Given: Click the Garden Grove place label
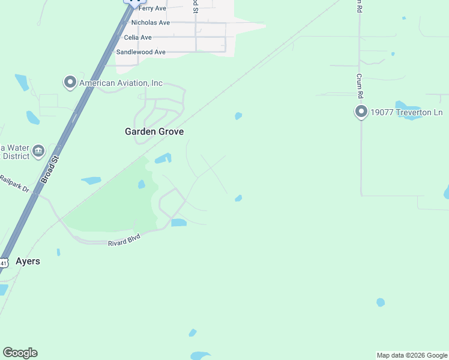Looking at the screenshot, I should (154, 131).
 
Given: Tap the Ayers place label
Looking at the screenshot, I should (28, 261).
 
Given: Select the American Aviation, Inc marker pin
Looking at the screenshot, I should (70, 82).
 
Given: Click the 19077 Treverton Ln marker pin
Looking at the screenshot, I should (361, 112).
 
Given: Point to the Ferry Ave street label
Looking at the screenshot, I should (152, 8).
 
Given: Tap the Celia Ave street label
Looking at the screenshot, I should (137, 37).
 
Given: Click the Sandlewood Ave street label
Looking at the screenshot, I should (140, 52).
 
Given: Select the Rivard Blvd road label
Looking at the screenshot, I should (124, 242).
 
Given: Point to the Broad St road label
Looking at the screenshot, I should (49, 170).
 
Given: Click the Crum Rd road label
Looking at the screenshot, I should (360, 86).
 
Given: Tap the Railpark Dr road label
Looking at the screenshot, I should (14, 183).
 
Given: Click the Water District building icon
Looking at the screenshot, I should (38, 151).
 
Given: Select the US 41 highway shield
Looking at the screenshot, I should (4, 263).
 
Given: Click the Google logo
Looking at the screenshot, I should (20, 353).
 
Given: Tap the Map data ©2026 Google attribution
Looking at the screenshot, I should (412, 355).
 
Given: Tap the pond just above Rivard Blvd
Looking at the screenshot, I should (178, 223).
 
